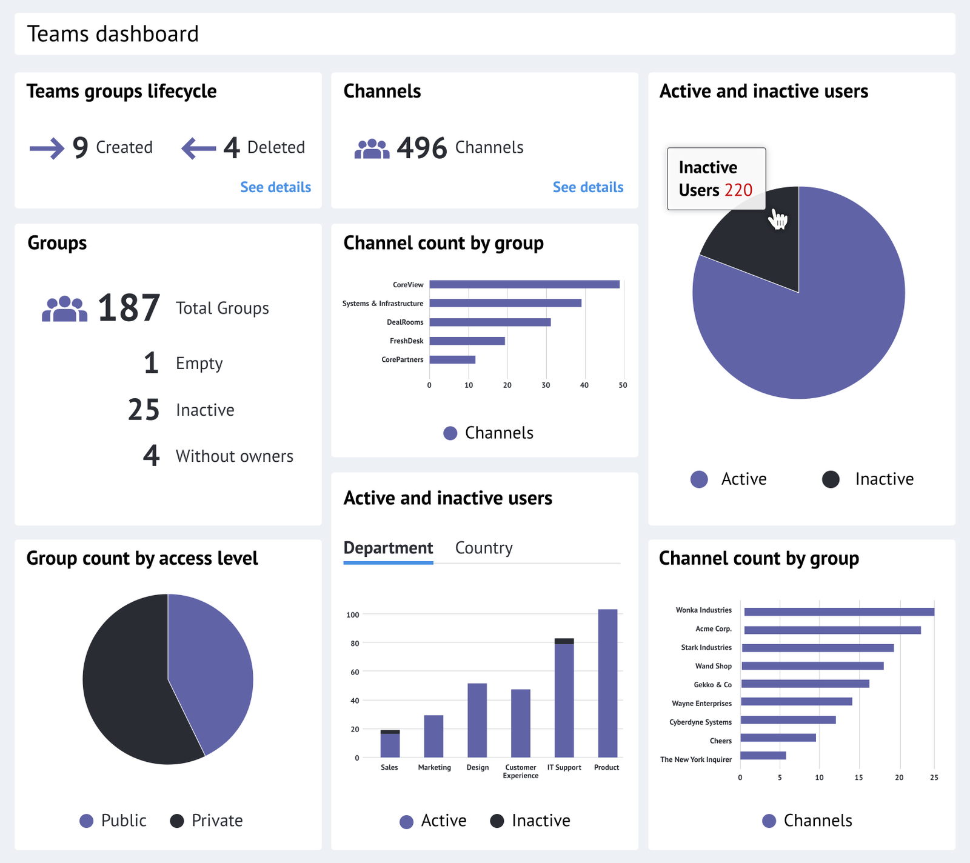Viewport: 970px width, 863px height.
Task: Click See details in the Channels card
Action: pyautogui.click(x=587, y=187)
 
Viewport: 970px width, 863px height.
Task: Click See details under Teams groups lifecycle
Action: pyautogui.click(x=275, y=187)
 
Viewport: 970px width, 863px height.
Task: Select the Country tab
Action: pyautogui.click(x=484, y=548)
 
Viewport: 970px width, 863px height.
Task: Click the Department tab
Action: pyautogui.click(x=388, y=548)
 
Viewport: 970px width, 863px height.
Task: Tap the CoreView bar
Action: pyautogui.click(x=524, y=284)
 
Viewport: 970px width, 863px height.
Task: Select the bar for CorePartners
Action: pyautogui.click(x=452, y=359)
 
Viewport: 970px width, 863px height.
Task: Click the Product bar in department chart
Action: pyautogui.click(x=607, y=683)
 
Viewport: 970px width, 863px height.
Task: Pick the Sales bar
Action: pyautogui.click(x=390, y=745)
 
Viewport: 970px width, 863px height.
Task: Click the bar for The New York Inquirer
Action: pyautogui.click(x=763, y=756)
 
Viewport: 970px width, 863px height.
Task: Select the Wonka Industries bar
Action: pyautogui.click(x=839, y=612)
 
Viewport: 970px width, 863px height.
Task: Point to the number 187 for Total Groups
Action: pyautogui.click(x=129, y=308)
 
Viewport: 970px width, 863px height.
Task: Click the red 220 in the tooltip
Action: pyautogui.click(x=738, y=190)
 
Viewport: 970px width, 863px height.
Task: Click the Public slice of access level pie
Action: pyautogui.click(x=212, y=667)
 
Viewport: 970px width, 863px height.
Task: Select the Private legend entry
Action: pyautogui.click(x=207, y=821)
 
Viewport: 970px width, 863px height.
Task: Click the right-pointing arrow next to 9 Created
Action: pyautogui.click(x=47, y=148)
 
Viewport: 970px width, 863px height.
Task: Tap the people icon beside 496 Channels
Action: pyautogui.click(x=372, y=148)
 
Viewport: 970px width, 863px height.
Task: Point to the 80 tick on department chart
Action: pyautogui.click(x=355, y=644)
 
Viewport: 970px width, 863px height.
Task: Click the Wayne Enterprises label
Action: pyautogui.click(x=701, y=704)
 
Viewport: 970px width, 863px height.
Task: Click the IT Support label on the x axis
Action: pyautogui.click(x=564, y=768)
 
